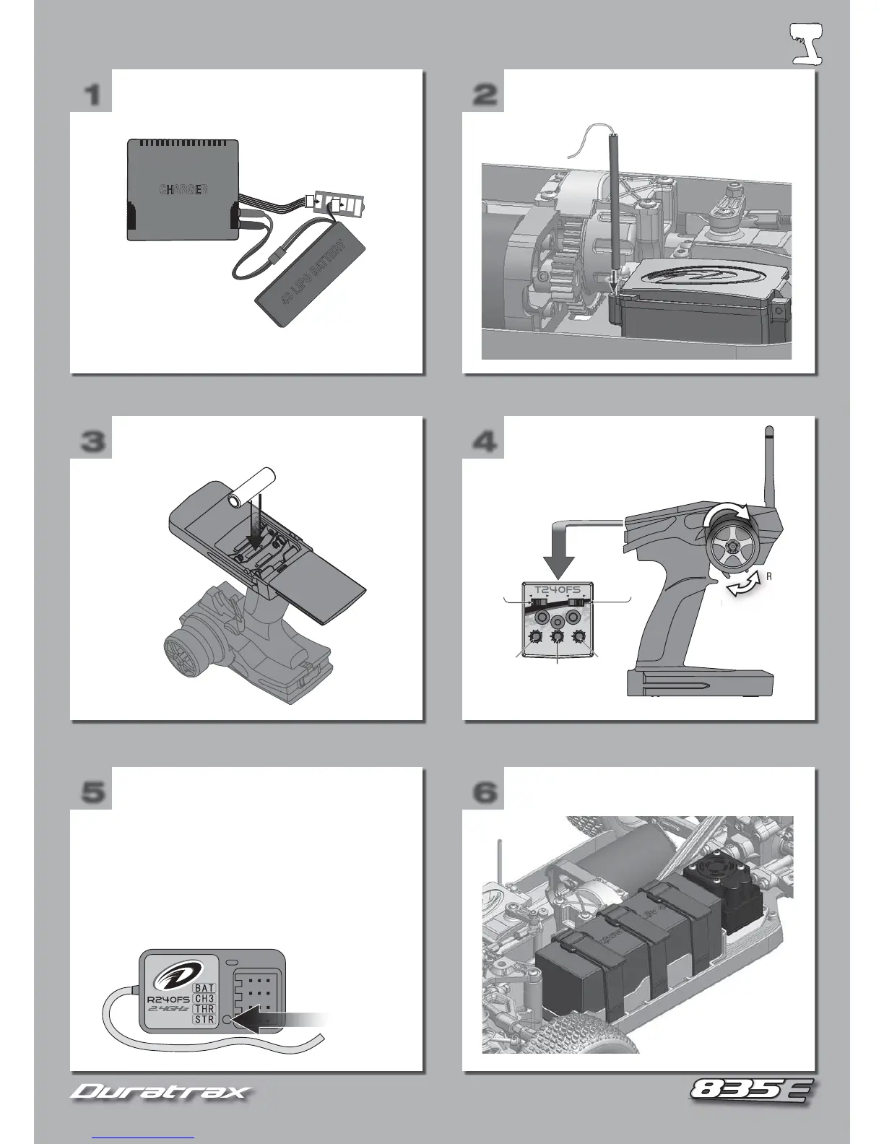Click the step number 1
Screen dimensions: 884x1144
92,95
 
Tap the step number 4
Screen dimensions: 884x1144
485,441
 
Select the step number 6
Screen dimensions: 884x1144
485,792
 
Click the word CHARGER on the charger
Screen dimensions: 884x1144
183,190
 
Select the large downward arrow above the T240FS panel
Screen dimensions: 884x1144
557,559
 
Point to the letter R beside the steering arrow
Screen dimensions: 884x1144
769,576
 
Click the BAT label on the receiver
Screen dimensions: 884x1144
204,987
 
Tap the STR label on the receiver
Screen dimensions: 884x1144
204,1019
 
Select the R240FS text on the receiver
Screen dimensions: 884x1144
168,1000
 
